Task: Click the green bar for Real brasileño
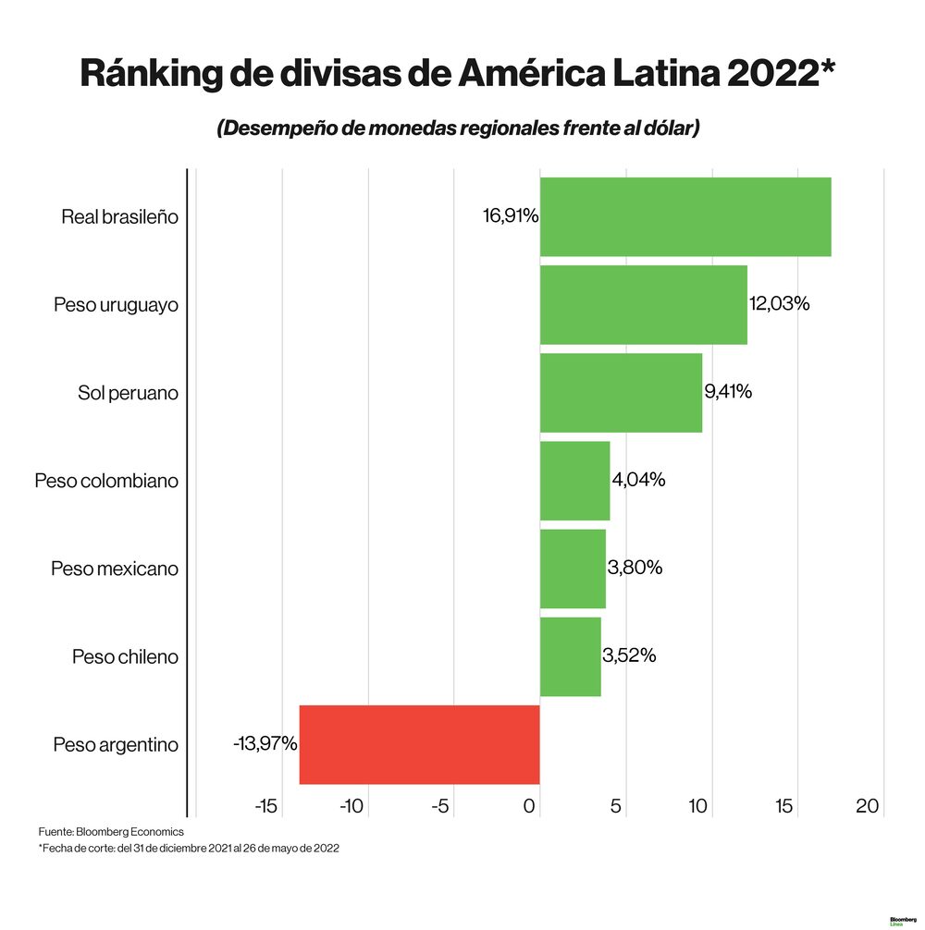click(684, 216)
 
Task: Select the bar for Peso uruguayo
click(643, 304)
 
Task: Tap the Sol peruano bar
click(621, 392)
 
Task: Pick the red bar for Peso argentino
click(419, 744)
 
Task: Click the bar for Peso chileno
click(570, 656)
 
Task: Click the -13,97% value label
click(265, 743)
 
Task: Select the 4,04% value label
click(638, 480)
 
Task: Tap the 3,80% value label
click(635, 568)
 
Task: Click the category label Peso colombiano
click(106, 481)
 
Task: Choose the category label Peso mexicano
click(115, 569)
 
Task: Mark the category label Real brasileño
click(119, 217)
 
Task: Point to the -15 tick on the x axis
click(265, 806)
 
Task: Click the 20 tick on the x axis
click(867, 806)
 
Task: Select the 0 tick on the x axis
click(530, 806)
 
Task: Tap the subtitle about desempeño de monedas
click(458, 128)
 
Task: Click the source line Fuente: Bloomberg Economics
click(111, 832)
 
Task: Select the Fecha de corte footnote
click(189, 849)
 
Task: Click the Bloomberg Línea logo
click(902, 921)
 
